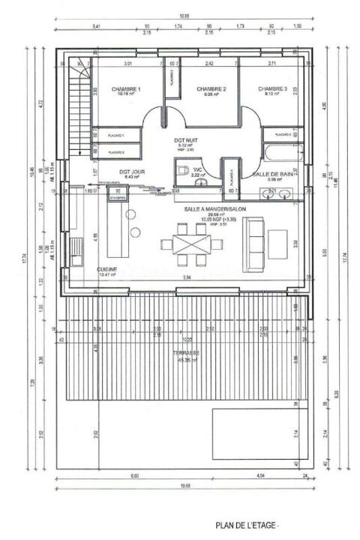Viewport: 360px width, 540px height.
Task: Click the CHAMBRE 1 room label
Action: [x=125, y=89]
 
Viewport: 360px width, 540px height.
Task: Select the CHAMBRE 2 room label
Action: [x=211, y=89]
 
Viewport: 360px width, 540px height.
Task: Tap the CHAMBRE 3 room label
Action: [x=271, y=89]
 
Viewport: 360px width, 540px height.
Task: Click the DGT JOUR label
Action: [x=131, y=172]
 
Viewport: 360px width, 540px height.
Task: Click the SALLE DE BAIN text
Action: [x=271, y=174]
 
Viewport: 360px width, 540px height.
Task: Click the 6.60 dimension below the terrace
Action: [x=133, y=475]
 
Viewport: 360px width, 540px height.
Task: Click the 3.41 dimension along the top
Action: [x=96, y=26]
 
